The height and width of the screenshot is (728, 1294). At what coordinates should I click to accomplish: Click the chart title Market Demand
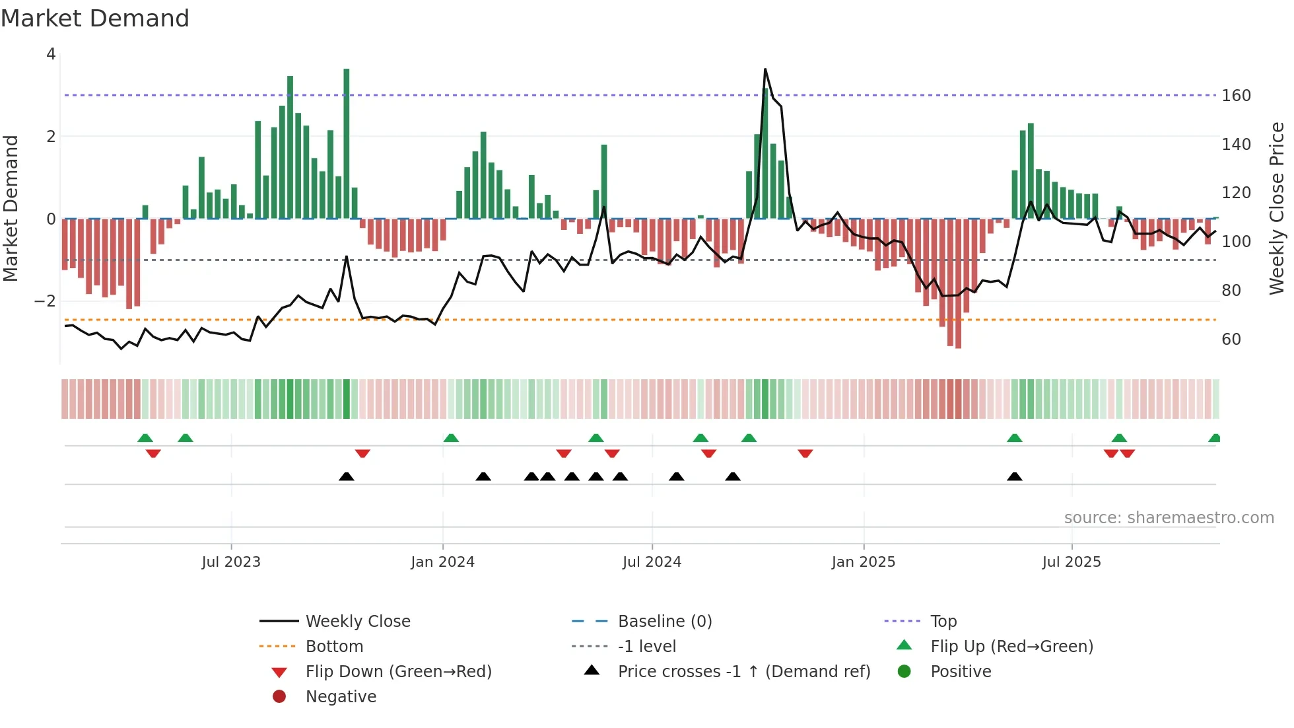pos(95,18)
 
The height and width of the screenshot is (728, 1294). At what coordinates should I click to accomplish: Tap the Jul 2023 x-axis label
pos(231,562)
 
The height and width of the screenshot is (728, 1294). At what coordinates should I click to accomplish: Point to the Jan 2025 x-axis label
pos(863,562)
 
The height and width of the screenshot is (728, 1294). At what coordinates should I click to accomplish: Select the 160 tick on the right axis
pos(1236,96)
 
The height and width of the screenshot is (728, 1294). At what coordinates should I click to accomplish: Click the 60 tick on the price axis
pos(1231,340)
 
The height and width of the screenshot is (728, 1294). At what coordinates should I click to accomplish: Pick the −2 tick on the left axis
pos(45,301)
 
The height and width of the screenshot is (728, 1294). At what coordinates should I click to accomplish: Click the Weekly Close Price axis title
pos(1276,208)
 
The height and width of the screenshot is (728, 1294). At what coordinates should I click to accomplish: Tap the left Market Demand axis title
pos(11,208)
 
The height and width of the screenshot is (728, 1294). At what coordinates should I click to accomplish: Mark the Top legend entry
pos(943,622)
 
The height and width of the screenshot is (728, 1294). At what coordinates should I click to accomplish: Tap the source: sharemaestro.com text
pos(1169,518)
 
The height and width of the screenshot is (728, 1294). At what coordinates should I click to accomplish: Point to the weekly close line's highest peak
pos(765,69)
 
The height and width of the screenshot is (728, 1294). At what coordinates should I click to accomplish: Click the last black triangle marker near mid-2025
pos(1015,477)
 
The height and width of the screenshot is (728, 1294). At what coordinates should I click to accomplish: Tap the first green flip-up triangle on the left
pos(145,438)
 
